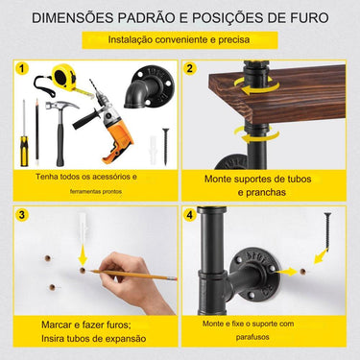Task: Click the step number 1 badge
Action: coord(22,69)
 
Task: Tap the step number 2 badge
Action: coord(190,69)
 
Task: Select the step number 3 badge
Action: coord(22,215)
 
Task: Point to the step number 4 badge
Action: coord(190,215)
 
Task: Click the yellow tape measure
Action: coord(64,80)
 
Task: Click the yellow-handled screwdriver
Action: coord(24,133)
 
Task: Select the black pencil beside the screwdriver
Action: coord(36,132)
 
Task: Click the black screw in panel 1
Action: coord(165,147)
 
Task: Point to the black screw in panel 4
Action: coord(327,230)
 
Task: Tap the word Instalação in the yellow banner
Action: coord(130,40)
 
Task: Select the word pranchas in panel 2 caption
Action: coord(261,193)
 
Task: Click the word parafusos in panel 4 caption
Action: coord(252,337)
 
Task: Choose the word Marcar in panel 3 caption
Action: coord(57,325)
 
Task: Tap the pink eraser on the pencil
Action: coord(172,278)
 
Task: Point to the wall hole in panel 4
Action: coord(302,272)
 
